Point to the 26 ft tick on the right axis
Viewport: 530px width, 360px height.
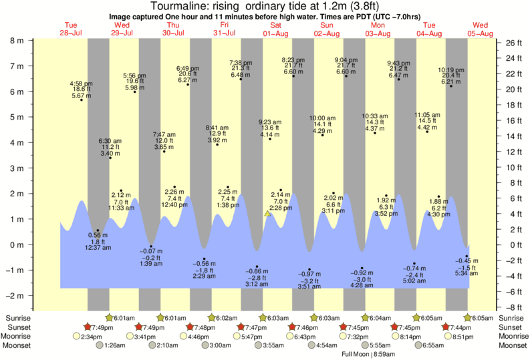tap(511, 43)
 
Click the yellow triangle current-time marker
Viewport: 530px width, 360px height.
tap(267, 214)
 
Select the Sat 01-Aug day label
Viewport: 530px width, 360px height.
tap(275, 29)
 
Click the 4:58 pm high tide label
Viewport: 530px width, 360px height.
tap(81, 83)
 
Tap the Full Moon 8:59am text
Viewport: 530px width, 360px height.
tap(367, 354)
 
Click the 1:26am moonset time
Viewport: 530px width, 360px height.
tap(115, 345)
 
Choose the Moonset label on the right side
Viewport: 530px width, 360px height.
tap(515, 345)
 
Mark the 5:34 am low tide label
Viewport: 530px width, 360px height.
tap(467, 273)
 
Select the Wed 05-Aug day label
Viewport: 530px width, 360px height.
tap(480, 29)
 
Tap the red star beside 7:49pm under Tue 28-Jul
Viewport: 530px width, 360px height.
tap(87, 327)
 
